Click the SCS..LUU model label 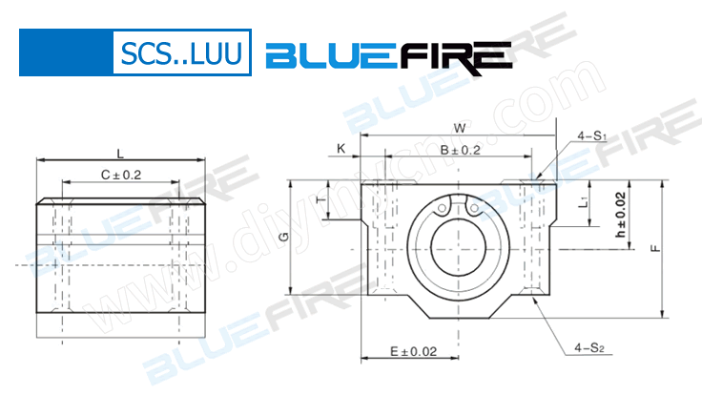[x=180, y=54]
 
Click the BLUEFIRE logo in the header [x=385, y=56]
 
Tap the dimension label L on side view [x=119, y=153]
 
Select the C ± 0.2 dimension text [x=120, y=175]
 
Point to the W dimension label [x=459, y=128]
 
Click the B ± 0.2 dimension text [x=459, y=150]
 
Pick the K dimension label [x=341, y=148]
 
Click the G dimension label [x=282, y=237]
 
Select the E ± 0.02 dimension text [x=414, y=352]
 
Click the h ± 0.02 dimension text [x=620, y=216]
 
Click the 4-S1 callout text [x=591, y=137]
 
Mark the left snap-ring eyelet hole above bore [x=444, y=209]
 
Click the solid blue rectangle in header [x=65, y=52]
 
